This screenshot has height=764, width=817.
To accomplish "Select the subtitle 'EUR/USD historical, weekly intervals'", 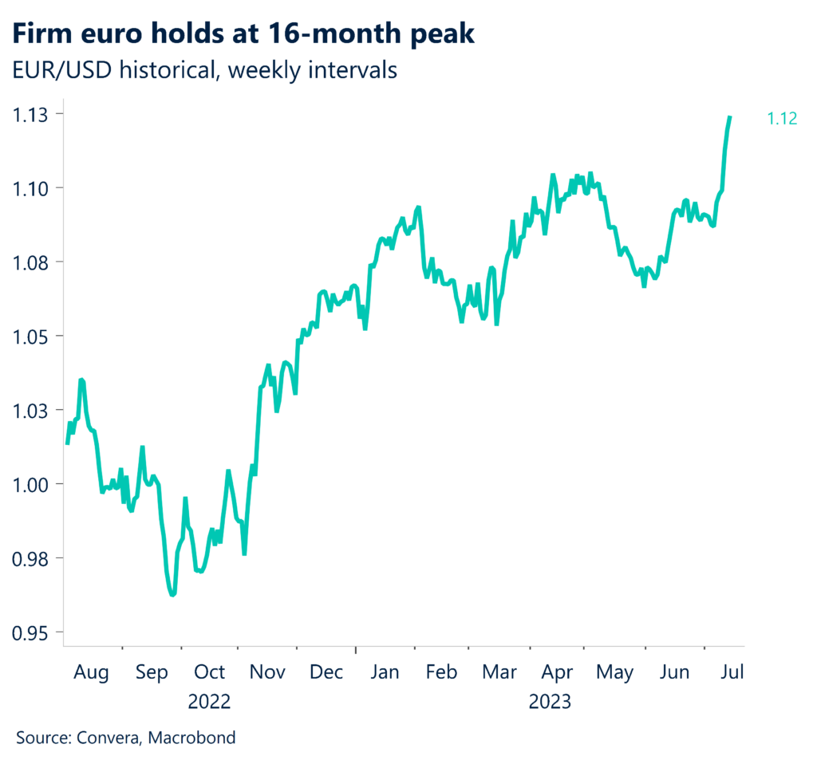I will pos(205,70).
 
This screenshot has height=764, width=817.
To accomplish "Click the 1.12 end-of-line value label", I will pos(782,120).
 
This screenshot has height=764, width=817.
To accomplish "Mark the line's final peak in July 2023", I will pos(729,117).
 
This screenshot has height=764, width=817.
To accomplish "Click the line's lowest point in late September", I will pos(172,594).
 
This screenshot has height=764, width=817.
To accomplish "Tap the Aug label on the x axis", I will pos(92,672).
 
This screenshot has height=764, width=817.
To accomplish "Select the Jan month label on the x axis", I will pos(385,672).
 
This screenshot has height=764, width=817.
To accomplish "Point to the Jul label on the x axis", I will pos(732,672).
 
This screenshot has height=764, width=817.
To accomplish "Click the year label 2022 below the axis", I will pos(209,702).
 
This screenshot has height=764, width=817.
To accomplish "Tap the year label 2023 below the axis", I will pos(551,702).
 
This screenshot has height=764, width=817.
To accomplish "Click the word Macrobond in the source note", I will pos(195,738).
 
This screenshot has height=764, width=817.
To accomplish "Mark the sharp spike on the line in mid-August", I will pos(81,380).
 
